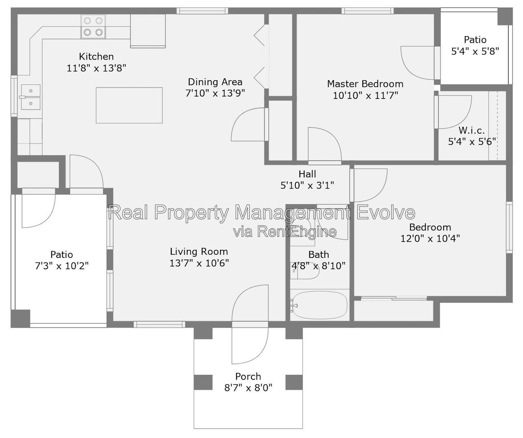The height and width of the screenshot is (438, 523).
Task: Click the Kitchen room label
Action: point(96,56)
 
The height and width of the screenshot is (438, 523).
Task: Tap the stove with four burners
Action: point(93,26)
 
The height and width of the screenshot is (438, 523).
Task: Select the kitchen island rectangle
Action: point(129,105)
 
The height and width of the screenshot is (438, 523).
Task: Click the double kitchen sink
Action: point(30,97)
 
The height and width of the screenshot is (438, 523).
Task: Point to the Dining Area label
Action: point(215,82)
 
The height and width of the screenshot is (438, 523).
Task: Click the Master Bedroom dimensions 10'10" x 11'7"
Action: point(366,95)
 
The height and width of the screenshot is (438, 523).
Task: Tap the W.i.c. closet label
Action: point(471,130)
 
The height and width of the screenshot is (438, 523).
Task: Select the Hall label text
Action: point(307,174)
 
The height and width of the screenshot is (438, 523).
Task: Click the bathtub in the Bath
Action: point(320,305)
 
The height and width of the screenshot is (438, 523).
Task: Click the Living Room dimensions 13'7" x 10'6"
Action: point(199,263)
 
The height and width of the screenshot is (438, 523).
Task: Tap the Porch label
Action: point(248,376)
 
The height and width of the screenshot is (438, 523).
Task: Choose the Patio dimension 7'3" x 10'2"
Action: point(62,266)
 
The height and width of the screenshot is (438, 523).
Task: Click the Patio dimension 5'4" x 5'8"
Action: point(475,52)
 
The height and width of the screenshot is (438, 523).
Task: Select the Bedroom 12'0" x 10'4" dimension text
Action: point(430,238)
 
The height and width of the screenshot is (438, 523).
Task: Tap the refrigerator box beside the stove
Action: point(148,31)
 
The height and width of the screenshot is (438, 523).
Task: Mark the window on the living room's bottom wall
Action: point(159,324)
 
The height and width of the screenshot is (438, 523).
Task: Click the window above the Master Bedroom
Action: point(368,11)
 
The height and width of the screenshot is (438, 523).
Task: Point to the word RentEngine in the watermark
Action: point(297,232)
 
